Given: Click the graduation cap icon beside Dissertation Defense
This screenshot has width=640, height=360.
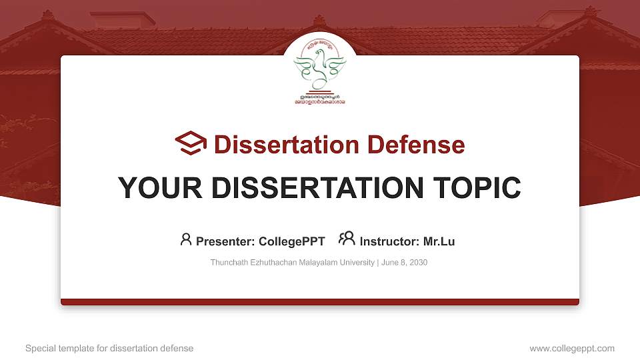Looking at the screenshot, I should [191, 143].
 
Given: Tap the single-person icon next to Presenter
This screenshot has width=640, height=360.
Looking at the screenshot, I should [186, 239].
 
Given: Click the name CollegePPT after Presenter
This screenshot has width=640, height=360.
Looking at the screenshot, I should [293, 241].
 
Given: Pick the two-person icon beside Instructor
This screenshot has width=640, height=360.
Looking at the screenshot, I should [347, 239].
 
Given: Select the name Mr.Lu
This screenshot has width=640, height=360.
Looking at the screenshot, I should [439, 241].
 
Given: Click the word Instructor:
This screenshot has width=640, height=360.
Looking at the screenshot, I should [389, 241].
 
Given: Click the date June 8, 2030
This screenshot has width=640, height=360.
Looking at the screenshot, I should [404, 263].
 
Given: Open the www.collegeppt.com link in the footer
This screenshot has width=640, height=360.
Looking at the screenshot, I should [572, 349].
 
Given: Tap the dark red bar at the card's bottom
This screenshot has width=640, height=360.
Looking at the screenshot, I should [320, 302].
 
